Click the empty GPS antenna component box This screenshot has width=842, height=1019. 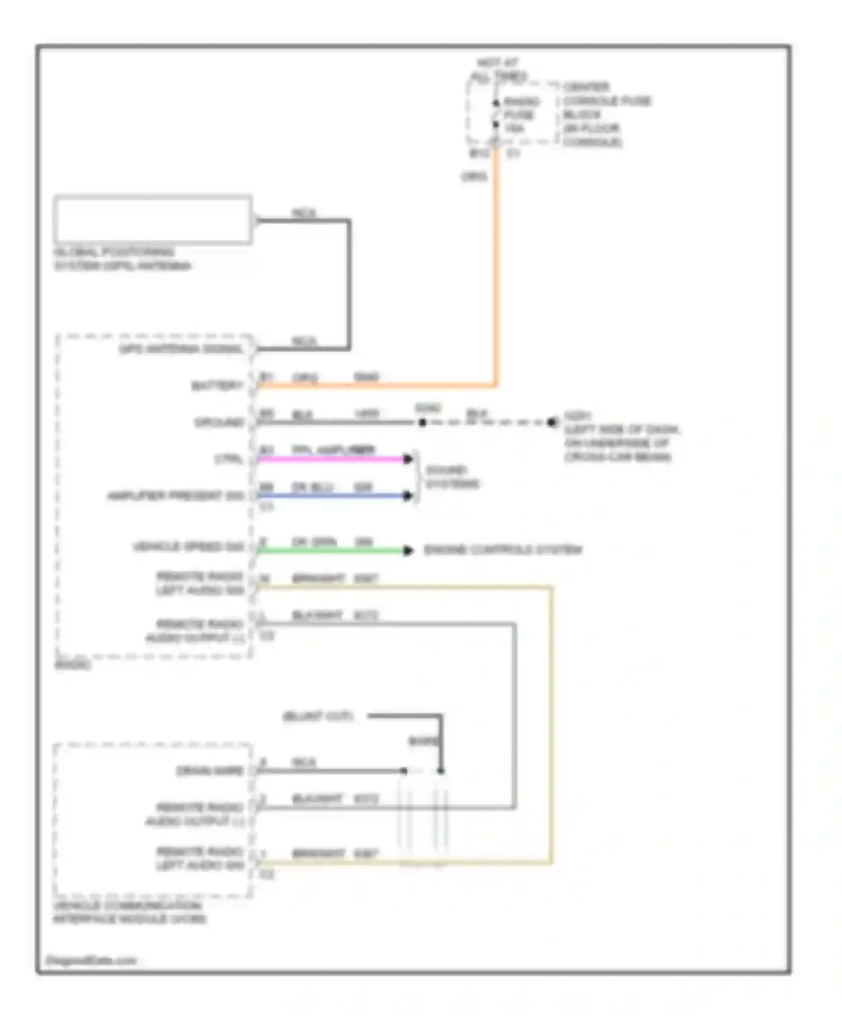tap(153, 220)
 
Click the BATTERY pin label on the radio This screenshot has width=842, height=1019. tap(218, 386)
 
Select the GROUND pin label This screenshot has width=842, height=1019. tap(219, 422)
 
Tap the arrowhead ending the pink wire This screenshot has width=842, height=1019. tap(408, 459)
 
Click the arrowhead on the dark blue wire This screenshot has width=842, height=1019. tap(408, 495)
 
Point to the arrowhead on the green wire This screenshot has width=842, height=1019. tap(408, 551)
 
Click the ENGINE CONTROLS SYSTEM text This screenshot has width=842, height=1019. tap(502, 550)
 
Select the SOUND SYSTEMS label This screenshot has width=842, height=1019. tap(452, 477)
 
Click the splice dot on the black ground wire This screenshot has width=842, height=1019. tap(422, 422)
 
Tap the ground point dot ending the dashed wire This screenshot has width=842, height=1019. tap(552, 422)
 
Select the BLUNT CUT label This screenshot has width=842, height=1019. tap(318, 716)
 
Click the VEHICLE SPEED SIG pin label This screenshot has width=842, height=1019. tap(189, 547)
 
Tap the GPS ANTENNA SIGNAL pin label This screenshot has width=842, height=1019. tap(181, 349)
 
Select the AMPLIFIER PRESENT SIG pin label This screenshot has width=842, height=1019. tap(176, 496)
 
